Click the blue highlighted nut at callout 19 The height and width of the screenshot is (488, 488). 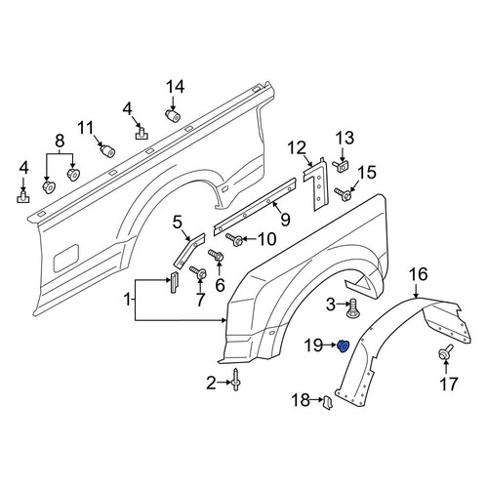(x=343, y=346)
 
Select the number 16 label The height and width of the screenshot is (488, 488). (x=419, y=274)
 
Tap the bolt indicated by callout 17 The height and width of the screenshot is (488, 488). (x=446, y=352)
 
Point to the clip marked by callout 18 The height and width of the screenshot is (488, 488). (x=327, y=402)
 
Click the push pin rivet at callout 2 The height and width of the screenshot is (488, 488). (x=235, y=380)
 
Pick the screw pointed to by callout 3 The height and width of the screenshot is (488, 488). (x=351, y=308)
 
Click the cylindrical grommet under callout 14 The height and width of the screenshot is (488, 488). (x=172, y=115)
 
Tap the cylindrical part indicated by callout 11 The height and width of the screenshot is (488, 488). (x=107, y=150)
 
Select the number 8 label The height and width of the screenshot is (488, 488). (x=60, y=142)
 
